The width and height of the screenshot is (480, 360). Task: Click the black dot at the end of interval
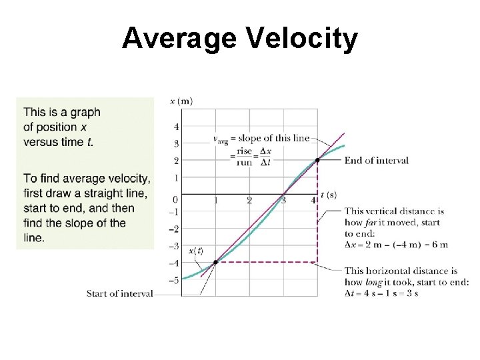[x=318, y=160]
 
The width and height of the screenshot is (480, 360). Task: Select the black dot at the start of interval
[x=215, y=263]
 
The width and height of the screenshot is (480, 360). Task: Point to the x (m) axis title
[x=181, y=101]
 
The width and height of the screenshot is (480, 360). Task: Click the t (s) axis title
[x=329, y=195]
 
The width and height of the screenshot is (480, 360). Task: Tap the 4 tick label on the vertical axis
[x=176, y=127]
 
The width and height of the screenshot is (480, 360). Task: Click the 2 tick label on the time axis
[x=249, y=201]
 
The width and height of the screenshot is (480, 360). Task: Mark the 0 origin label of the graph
[x=175, y=199]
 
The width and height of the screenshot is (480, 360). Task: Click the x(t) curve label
[x=196, y=251]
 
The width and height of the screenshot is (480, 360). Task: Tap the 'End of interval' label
[x=376, y=161]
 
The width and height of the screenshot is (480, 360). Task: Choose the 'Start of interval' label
[x=119, y=293]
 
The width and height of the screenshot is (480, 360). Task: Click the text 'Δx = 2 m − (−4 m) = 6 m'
[x=396, y=245]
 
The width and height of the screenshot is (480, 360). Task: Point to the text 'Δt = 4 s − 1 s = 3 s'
[x=381, y=293]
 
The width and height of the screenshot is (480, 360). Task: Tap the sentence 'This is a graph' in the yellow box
[x=61, y=113]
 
